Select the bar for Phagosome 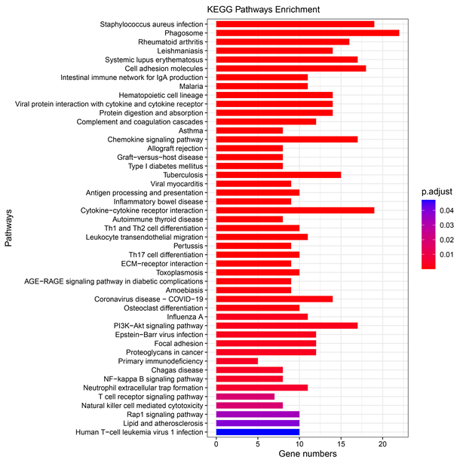pyautogui.click(x=308, y=34)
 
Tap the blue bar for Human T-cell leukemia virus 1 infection pyautogui.click(x=258, y=432)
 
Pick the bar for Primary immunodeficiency pyautogui.click(x=237, y=360)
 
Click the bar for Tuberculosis pyautogui.click(x=278, y=175)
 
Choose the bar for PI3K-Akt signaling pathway pyautogui.click(x=287, y=325)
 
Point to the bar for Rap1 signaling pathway pyautogui.click(x=258, y=414)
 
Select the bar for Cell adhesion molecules pyautogui.click(x=291, y=68)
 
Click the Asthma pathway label pyautogui.click(x=191, y=130)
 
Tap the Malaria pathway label pyautogui.click(x=189, y=86)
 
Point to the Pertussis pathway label pyautogui.click(x=187, y=246)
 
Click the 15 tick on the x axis pyautogui.click(x=341, y=444)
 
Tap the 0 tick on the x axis pyautogui.click(x=216, y=444)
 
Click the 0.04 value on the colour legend pyautogui.click(x=447, y=210)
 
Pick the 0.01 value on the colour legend pyautogui.click(x=447, y=256)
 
